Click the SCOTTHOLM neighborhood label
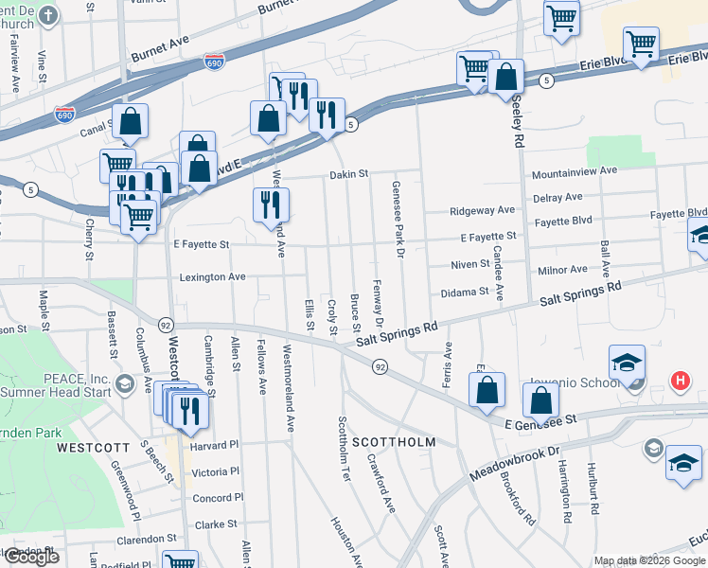(x=394, y=442)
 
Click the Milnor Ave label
(x=562, y=270)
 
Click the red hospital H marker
(x=679, y=382)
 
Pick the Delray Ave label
(x=558, y=197)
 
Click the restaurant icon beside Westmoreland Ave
(x=272, y=204)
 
